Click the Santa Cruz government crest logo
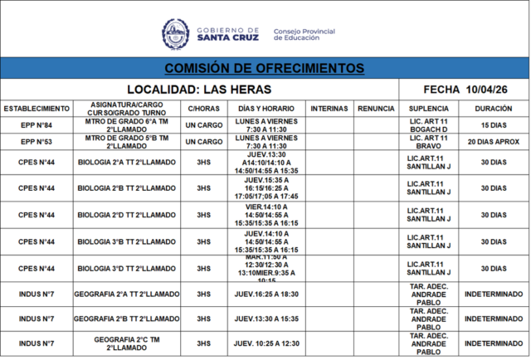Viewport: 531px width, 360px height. [x=175, y=34]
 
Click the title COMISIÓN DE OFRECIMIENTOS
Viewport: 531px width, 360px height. [x=264, y=67]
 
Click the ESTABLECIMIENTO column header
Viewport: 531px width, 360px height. [x=37, y=109]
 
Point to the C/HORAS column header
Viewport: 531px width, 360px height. [x=203, y=109]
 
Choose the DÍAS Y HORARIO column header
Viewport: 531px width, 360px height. [x=266, y=109]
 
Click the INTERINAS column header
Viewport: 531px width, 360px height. [x=329, y=109]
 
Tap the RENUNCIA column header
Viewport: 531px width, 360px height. [x=376, y=109]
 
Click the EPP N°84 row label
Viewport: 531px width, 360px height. [x=37, y=124]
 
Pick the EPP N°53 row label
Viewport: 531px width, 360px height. [x=37, y=142]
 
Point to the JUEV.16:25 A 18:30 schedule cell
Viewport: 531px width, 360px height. [x=266, y=294]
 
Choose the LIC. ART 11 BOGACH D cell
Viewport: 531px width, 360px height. [x=429, y=124]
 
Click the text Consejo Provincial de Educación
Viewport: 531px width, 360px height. [x=304, y=35]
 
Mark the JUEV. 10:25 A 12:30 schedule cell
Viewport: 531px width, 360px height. [x=266, y=343]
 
